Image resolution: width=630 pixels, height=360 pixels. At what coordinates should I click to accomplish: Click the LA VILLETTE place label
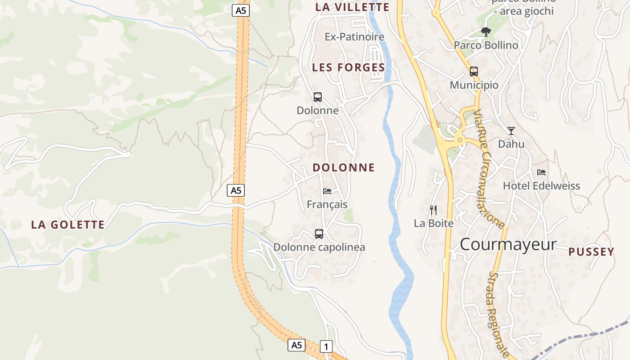pyautogui.click(x=352, y=7)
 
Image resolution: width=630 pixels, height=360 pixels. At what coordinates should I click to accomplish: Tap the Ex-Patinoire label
pyautogui.click(x=355, y=37)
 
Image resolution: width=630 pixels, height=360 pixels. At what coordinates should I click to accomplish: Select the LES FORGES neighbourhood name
pyautogui.click(x=349, y=67)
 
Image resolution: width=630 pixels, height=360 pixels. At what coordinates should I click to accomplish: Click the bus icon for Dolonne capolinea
pyautogui.click(x=319, y=234)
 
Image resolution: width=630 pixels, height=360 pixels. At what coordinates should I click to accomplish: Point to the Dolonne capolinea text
pyautogui.click(x=319, y=247)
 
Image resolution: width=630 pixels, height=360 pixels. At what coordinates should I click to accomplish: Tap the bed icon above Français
pyautogui.click(x=327, y=191)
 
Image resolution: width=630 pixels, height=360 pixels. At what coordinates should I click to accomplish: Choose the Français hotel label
pyautogui.click(x=327, y=204)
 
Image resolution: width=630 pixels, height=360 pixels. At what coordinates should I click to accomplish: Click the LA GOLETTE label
pyautogui.click(x=68, y=225)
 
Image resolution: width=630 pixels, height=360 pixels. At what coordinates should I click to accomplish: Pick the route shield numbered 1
pyautogui.click(x=326, y=346)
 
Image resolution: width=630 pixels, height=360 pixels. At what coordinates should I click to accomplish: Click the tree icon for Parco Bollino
pyautogui.click(x=486, y=31)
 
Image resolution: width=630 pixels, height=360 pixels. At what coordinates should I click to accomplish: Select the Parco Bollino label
pyautogui.click(x=486, y=45)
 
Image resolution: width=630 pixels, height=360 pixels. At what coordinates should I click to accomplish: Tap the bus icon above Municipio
pyautogui.click(x=474, y=72)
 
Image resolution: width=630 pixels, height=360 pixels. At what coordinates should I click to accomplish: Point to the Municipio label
pyautogui.click(x=474, y=85)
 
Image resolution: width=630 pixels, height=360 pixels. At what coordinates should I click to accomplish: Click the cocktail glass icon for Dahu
pyautogui.click(x=511, y=131)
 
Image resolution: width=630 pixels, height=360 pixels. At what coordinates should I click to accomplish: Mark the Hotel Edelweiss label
pyautogui.click(x=541, y=186)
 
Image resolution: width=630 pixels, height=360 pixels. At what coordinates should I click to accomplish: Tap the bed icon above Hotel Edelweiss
pyautogui.click(x=541, y=172)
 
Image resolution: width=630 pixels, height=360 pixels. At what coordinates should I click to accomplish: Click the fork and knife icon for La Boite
pyautogui.click(x=433, y=210)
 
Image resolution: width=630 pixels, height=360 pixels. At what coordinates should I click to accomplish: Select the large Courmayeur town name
pyautogui.click(x=508, y=244)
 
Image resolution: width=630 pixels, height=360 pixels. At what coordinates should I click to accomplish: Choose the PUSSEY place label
pyautogui.click(x=591, y=252)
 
